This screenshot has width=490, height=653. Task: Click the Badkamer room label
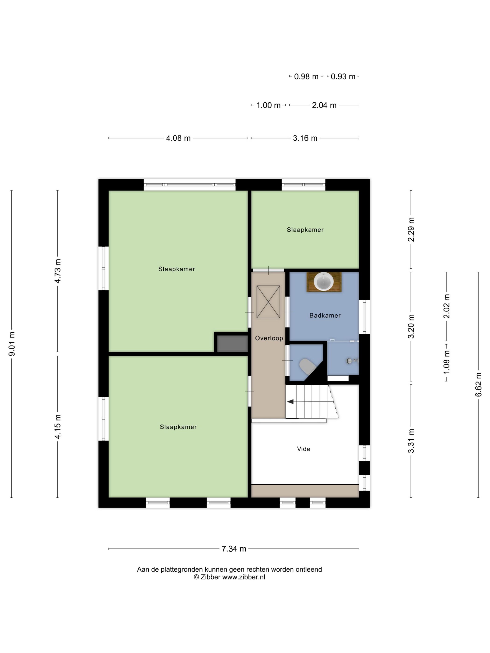coord(325,316)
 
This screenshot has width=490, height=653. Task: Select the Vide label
coord(303,449)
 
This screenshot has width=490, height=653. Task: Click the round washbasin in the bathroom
coord(323,281)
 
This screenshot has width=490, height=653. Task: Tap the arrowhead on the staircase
coord(290,402)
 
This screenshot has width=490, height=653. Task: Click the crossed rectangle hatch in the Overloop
coord(268,302)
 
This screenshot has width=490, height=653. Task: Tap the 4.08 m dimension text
coord(178,138)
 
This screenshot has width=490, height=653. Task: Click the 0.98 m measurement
coord(306,76)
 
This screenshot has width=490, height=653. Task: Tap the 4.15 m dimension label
coord(58,427)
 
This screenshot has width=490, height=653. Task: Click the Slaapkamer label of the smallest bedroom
coord(305,230)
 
